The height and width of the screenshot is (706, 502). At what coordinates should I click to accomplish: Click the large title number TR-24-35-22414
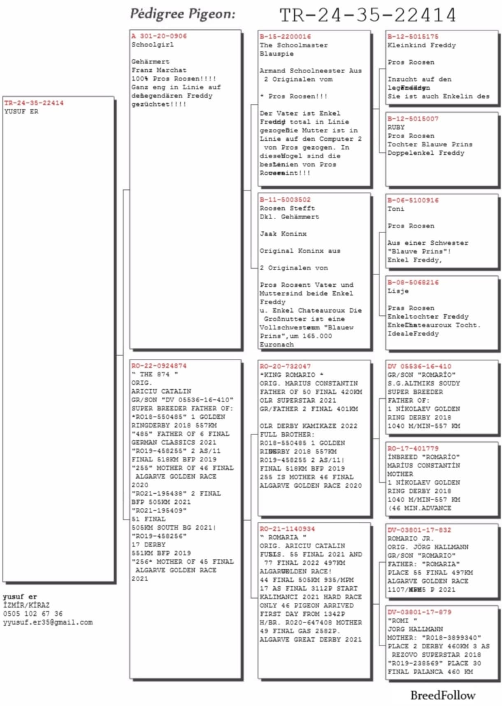pyautogui.click(x=367, y=15)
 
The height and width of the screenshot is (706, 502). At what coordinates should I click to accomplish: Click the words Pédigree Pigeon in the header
pyautogui.click(x=183, y=14)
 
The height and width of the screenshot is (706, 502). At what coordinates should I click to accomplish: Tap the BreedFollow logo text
pyautogui.click(x=443, y=695)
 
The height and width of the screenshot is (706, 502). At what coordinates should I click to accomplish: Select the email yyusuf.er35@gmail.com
pyautogui.click(x=48, y=622)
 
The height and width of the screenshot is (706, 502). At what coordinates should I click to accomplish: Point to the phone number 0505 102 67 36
pyautogui.click(x=33, y=614)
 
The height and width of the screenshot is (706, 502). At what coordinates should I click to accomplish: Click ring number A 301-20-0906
pyautogui.click(x=159, y=36)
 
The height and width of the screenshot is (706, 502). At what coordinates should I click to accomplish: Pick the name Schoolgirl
pyautogui.click(x=152, y=44)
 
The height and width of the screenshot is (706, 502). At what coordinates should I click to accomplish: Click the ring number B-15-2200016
pyautogui.click(x=285, y=37)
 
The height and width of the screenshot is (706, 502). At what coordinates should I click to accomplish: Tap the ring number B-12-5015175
pyautogui.click(x=413, y=37)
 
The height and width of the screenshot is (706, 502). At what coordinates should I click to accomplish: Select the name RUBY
pyautogui.click(x=396, y=127)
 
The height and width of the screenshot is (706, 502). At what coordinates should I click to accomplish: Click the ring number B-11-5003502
pyautogui.click(x=285, y=200)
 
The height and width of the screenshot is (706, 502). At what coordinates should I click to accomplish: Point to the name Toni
pyautogui.click(x=396, y=209)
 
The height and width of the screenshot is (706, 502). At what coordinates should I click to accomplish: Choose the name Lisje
pyautogui.click(x=398, y=291)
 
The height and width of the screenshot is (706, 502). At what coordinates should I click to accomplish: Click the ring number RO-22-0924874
pyautogui.click(x=159, y=366)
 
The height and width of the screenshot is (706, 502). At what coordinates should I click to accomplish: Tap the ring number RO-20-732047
pyautogui.click(x=285, y=366)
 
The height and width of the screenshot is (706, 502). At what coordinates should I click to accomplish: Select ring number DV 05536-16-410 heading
pyautogui.click(x=419, y=366)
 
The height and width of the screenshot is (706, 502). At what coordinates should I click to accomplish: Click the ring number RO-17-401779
pyautogui.click(x=413, y=448)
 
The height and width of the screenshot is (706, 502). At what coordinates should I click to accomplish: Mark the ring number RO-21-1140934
pyautogui.click(x=287, y=529)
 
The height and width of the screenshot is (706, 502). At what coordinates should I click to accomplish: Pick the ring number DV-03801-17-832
pyautogui.click(x=419, y=530)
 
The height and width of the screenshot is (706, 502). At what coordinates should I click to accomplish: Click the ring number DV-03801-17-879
pyautogui.click(x=419, y=612)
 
